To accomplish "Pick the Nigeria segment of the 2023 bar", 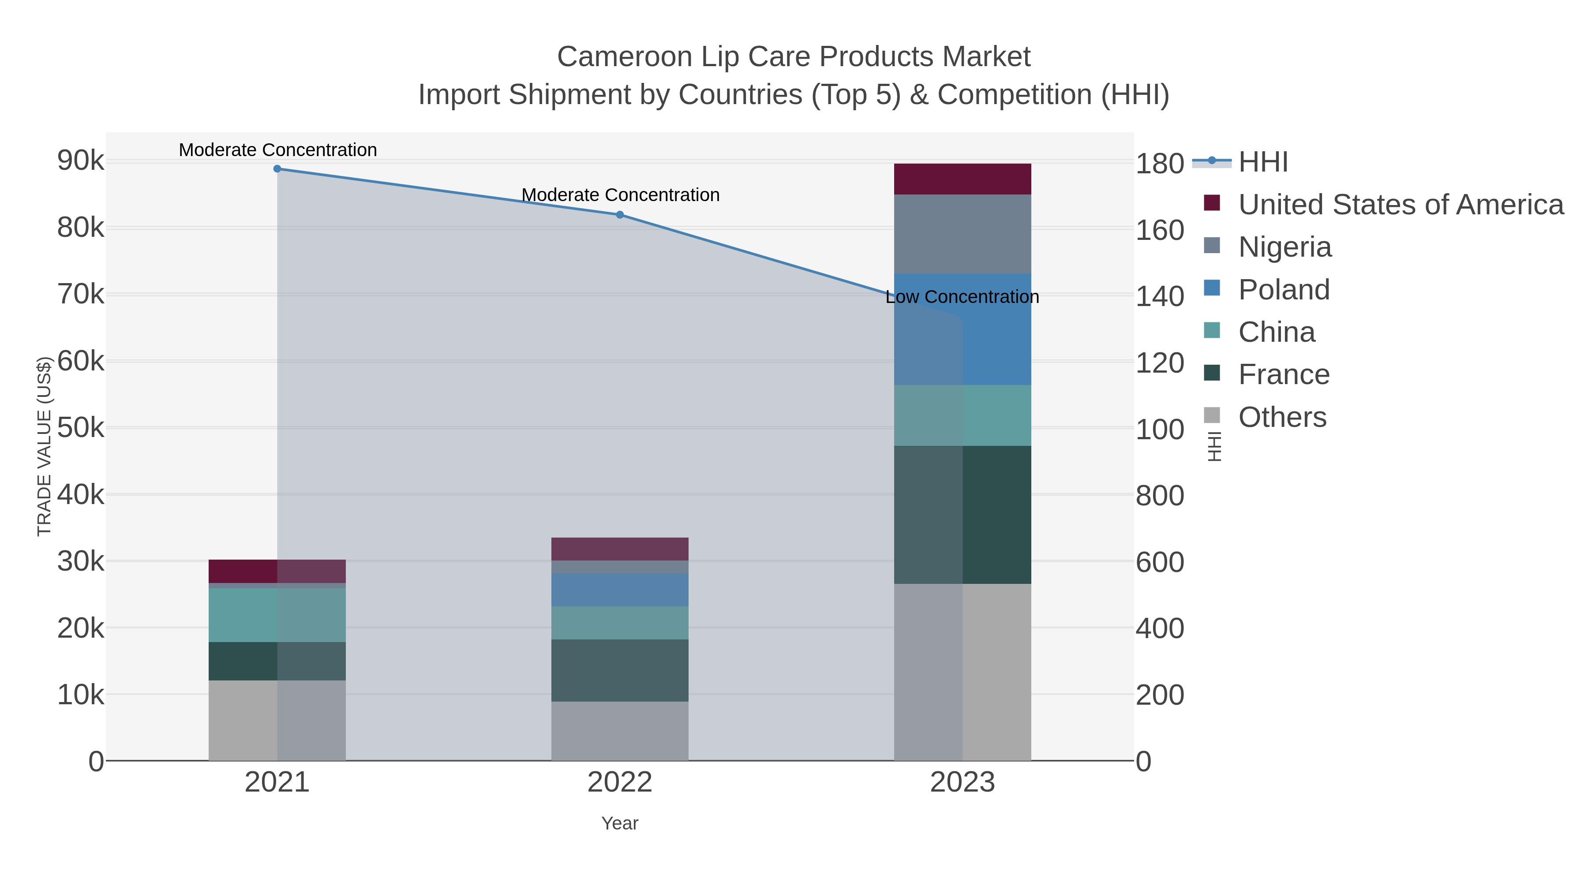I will (x=963, y=234).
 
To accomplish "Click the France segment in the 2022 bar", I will (x=620, y=670).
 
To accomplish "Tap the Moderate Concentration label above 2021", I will (x=277, y=150).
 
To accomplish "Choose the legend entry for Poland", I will (x=1284, y=290).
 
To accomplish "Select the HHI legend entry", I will (x=1262, y=162).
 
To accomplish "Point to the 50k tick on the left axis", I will (x=81, y=428).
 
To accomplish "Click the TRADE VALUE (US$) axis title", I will (x=45, y=446).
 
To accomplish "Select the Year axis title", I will (x=620, y=823).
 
